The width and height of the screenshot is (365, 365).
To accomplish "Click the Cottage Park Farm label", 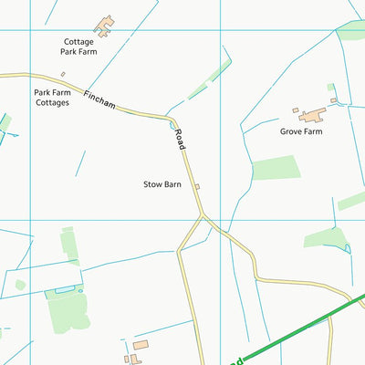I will coord(79,47).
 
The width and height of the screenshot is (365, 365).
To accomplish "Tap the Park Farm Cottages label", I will coord(52,98).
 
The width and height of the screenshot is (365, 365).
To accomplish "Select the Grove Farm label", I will coord(301,131).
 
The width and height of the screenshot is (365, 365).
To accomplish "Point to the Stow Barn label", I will coord(162,184).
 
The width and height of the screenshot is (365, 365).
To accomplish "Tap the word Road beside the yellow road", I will coord(181,140).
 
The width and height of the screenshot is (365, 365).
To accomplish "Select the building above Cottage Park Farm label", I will coord(105,24).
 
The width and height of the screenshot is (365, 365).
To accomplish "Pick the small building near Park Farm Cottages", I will coord(63,74).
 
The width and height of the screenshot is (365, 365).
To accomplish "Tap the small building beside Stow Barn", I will coord(196,187).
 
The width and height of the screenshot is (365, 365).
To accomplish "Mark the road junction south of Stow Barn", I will coord(203,217).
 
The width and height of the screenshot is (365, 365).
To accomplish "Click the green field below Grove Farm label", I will coord(276,168).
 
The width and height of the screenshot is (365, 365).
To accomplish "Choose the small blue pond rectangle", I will coord(64,289).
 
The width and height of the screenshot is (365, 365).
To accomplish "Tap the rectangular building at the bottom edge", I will coord(141,345).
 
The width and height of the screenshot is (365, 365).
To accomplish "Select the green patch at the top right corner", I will coord(351,30).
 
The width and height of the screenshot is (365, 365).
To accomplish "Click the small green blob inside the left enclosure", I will coord(20,286).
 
